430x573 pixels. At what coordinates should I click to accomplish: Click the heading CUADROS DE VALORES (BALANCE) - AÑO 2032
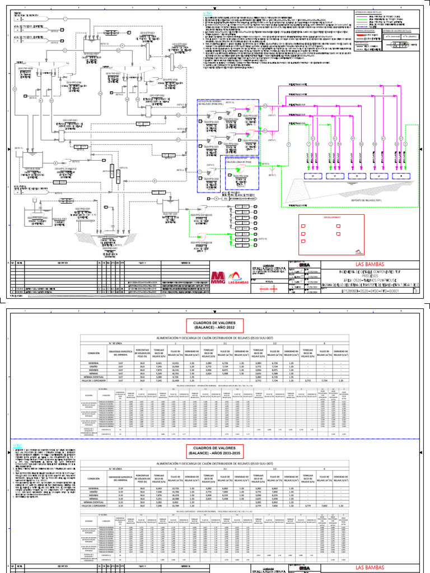[x=215, y=325]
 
